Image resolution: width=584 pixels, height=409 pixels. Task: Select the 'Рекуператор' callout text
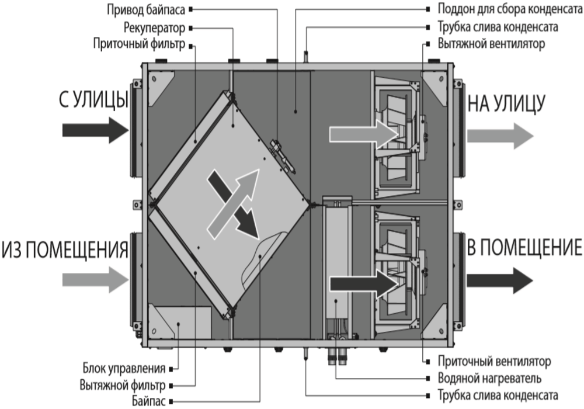(x=155, y=27)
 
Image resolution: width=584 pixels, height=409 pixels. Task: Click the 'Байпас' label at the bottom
(x=151, y=401)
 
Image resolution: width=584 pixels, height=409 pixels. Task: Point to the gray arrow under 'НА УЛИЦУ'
(x=500, y=135)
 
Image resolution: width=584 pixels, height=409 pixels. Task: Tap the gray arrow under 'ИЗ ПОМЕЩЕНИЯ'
(x=93, y=280)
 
